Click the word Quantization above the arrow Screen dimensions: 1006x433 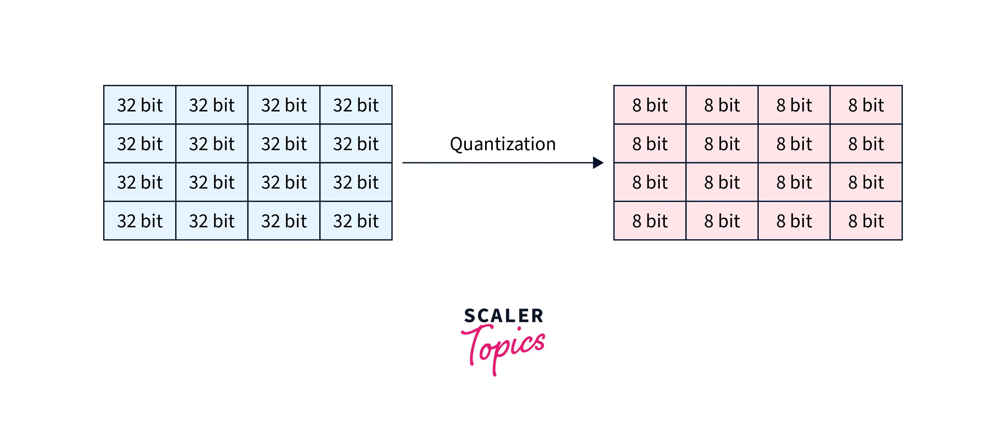503,144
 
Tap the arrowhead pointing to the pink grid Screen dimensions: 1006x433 598,163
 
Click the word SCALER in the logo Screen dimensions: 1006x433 503,316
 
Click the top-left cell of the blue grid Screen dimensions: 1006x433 140,105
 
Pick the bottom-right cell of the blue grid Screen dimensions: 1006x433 356,221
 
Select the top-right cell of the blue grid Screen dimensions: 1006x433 356,105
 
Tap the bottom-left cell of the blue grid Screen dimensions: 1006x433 140,221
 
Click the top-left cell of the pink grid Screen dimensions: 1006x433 650,105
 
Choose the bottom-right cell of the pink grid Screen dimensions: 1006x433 866,221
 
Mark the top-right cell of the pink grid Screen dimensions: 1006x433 866,105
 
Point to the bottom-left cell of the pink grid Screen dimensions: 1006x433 650,221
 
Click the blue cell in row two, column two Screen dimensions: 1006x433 212,144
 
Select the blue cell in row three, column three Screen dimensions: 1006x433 284,182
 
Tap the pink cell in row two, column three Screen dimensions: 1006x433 794,144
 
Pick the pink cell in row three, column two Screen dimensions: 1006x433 722,182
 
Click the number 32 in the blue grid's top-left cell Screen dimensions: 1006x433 126,105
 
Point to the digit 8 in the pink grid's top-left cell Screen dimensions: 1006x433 636,105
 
